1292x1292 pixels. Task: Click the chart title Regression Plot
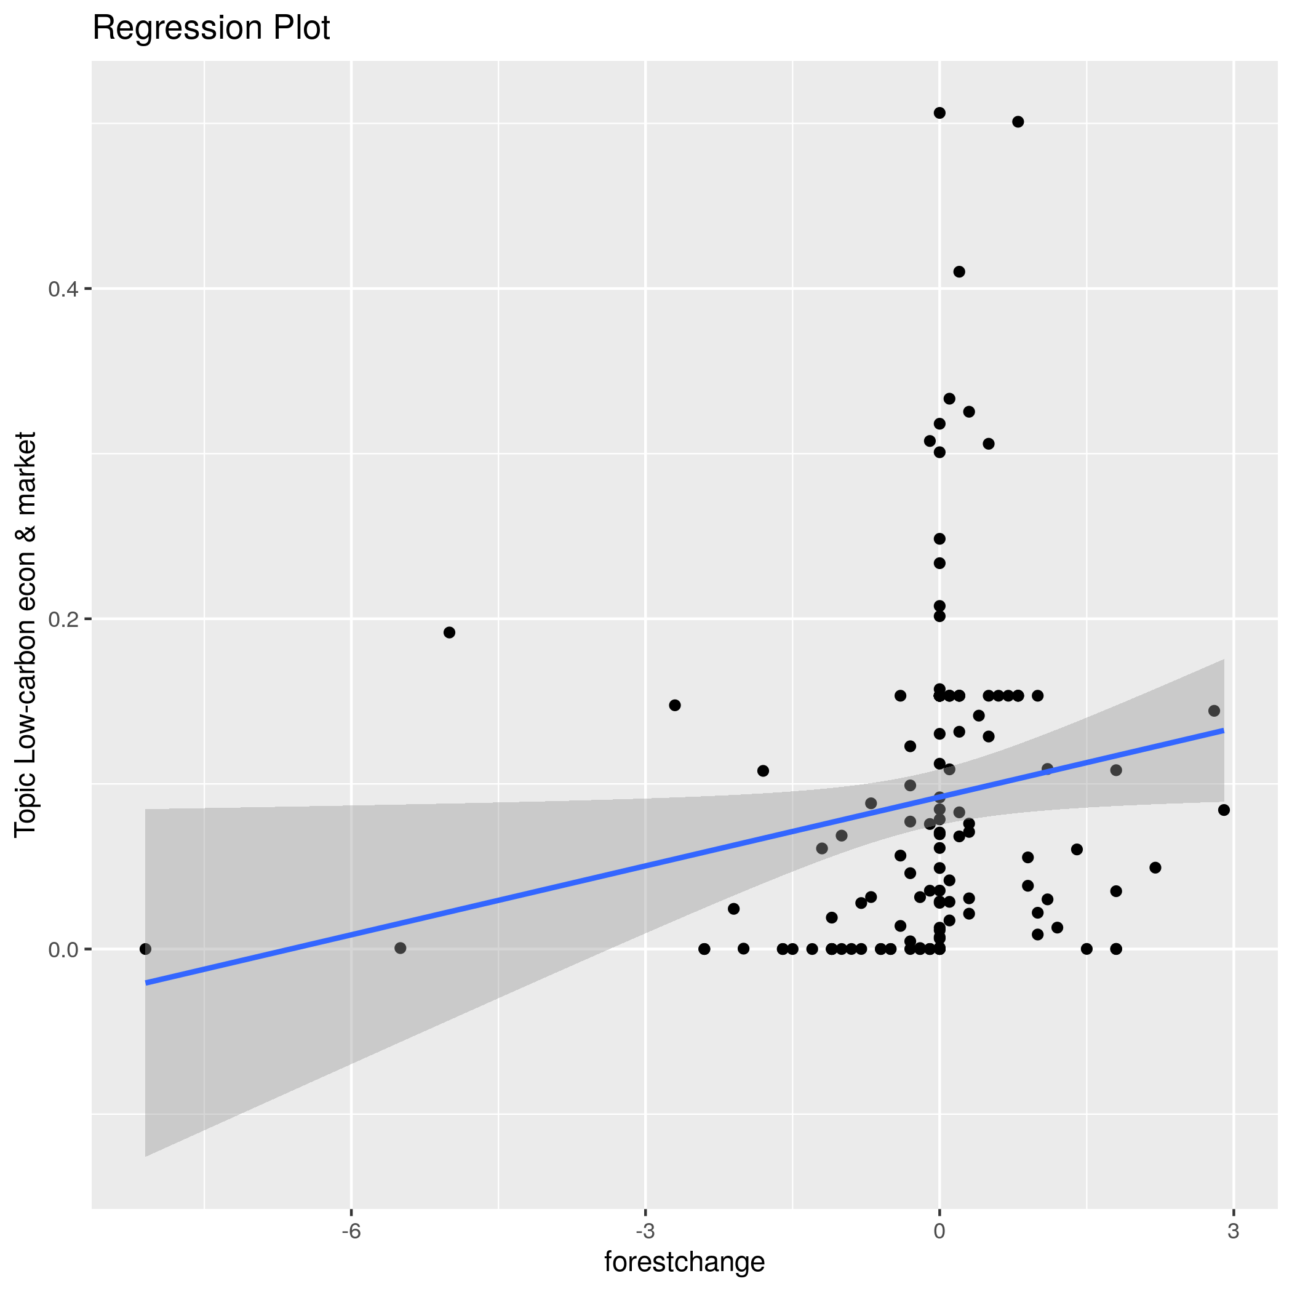coord(210,29)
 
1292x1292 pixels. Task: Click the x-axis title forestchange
coord(684,1262)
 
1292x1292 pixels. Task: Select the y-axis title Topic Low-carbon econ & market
coord(25,633)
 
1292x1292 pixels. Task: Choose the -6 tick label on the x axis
coord(351,1232)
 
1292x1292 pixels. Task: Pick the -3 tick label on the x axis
coord(645,1232)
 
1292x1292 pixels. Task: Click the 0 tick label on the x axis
coord(939,1232)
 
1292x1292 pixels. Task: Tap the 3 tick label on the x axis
coord(1233,1232)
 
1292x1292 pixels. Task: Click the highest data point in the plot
coord(939,113)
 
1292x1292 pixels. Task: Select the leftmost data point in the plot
coord(145,949)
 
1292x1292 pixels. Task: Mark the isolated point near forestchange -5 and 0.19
coord(449,632)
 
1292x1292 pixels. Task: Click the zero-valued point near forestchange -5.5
coord(401,948)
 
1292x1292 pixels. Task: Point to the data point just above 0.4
coord(959,271)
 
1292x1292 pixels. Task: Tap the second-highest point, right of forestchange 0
coord(1018,122)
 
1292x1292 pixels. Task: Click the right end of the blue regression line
coord(1223,730)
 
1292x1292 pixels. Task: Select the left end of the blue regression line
coord(146,983)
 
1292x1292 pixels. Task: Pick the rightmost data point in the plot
coord(1224,810)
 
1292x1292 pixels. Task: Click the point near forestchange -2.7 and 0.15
coord(675,706)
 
